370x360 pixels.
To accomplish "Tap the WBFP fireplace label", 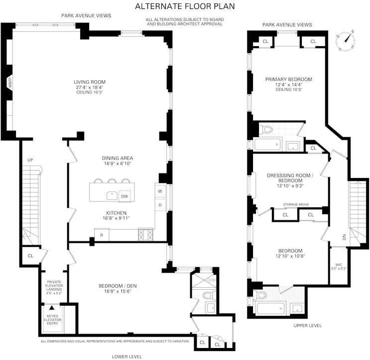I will click(x=9, y=84).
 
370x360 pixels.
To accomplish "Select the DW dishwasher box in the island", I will click(x=124, y=196).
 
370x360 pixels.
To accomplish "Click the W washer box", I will click(x=160, y=191).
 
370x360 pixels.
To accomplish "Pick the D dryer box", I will click(x=160, y=204).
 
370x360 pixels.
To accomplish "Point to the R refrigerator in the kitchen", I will click(x=102, y=235).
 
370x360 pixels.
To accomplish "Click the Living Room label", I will click(x=90, y=82).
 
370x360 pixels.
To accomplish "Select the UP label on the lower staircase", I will click(x=29, y=160).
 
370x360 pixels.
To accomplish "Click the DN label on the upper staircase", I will click(x=344, y=237).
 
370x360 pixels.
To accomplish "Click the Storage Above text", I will click(x=295, y=204).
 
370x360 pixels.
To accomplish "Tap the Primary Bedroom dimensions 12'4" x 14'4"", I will click(x=288, y=85).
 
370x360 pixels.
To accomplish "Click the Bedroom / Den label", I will click(x=118, y=286).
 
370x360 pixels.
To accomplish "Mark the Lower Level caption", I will click(x=126, y=357).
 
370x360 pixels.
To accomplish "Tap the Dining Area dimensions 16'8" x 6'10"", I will click(x=118, y=164).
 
